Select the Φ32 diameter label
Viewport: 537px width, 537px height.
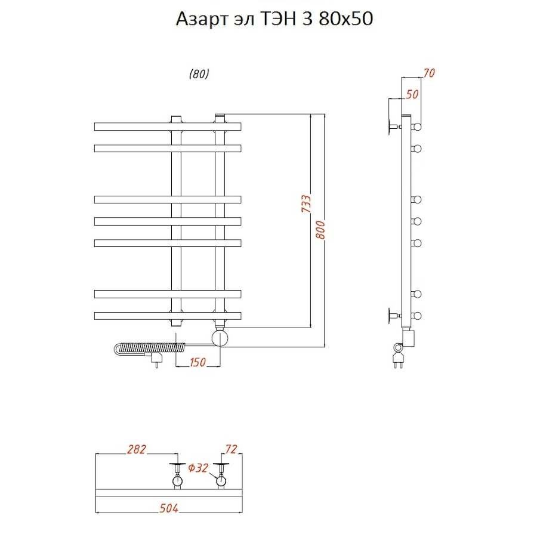(x=198, y=468)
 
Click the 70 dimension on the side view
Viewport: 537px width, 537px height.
(x=428, y=73)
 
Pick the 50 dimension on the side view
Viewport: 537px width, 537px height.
(x=412, y=94)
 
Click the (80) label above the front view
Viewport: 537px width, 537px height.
(x=199, y=75)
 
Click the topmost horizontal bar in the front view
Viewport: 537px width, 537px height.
(x=167, y=126)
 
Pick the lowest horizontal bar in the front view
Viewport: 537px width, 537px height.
(x=167, y=314)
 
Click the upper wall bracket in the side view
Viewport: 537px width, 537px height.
(x=394, y=126)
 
